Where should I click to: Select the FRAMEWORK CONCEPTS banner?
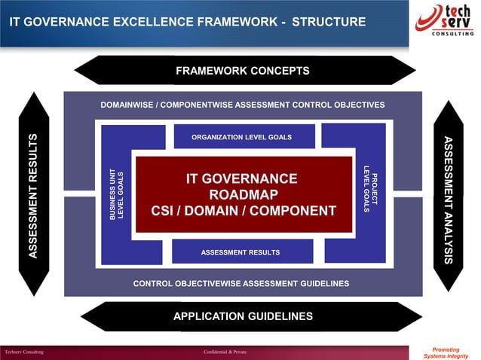tap(242, 71)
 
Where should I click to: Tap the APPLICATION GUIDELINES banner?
tap(243, 316)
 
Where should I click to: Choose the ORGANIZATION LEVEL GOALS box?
tap(241, 137)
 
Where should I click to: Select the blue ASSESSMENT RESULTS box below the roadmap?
tap(240, 252)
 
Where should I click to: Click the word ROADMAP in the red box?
tap(243, 194)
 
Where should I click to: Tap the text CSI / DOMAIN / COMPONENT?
tap(243, 211)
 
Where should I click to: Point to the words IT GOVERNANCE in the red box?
tap(242, 178)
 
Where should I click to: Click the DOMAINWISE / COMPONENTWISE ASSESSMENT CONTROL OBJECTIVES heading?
tap(242, 104)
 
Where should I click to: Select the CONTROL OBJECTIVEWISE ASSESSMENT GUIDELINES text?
tap(241, 283)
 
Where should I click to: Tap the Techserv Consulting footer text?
tap(23, 352)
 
